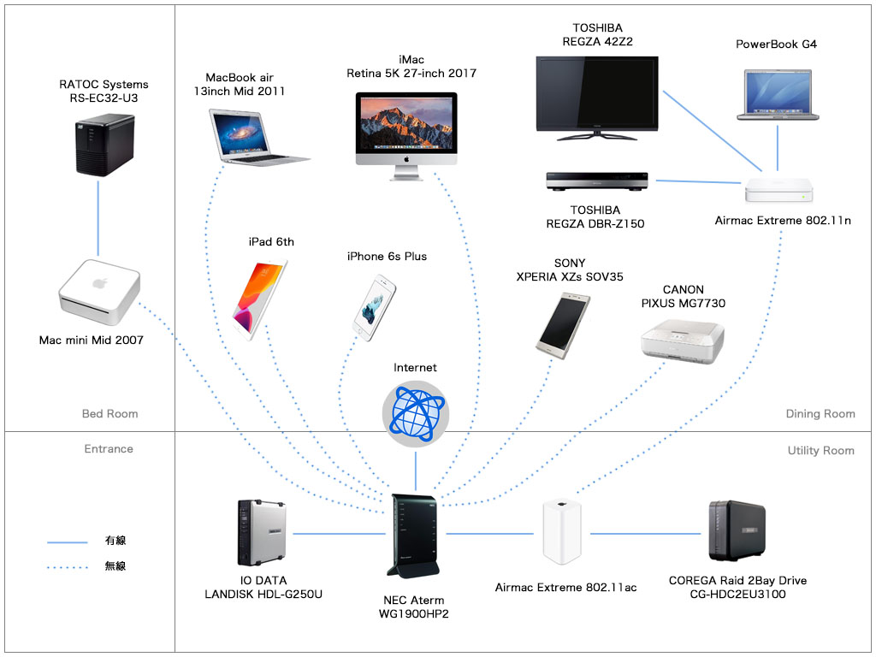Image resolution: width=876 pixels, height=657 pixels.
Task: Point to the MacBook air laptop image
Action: point(255,134)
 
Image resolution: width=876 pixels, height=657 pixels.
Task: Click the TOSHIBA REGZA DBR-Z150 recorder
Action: point(597,181)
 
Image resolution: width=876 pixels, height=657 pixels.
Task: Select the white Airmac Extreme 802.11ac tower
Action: point(562,532)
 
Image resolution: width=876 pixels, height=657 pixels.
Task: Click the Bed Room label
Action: point(109,414)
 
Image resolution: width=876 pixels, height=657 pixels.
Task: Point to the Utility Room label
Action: point(820,450)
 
